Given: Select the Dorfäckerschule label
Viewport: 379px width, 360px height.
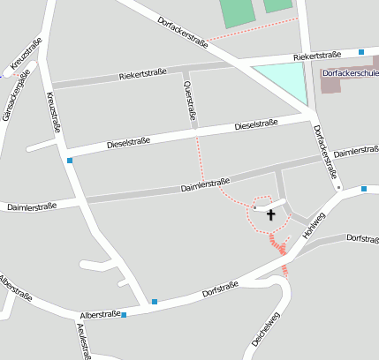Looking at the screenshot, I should point(351,73).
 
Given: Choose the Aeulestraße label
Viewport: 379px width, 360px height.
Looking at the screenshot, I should point(82,341).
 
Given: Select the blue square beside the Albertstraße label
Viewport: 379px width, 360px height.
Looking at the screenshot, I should point(124,314).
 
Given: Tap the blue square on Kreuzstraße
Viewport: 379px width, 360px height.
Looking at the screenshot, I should point(69,160).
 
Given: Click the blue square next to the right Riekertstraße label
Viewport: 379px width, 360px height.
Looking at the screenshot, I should point(361,52).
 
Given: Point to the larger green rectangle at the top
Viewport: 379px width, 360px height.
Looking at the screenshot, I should point(236,11).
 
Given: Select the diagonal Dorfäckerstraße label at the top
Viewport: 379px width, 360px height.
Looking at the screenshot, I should point(182,31).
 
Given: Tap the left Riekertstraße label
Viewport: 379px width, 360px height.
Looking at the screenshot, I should point(143,76).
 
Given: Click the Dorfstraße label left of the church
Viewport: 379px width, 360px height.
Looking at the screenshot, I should point(220,287).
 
